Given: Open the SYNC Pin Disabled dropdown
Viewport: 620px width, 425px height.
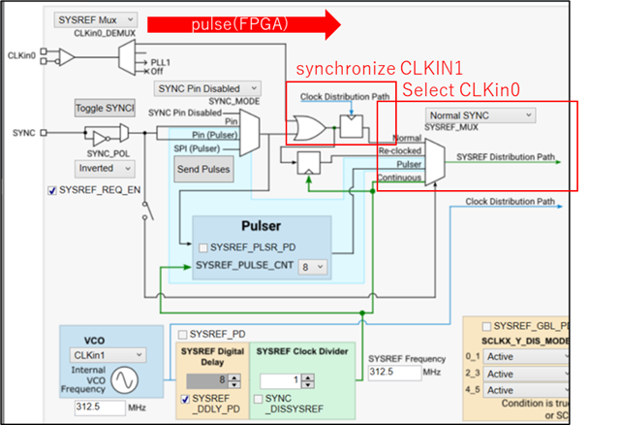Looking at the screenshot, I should (x=209, y=88).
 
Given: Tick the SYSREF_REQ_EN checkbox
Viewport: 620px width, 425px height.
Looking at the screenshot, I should (x=52, y=191).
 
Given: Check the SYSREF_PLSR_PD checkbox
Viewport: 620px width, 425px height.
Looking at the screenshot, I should (x=202, y=246).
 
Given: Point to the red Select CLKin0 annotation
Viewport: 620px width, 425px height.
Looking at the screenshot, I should (x=460, y=90).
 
